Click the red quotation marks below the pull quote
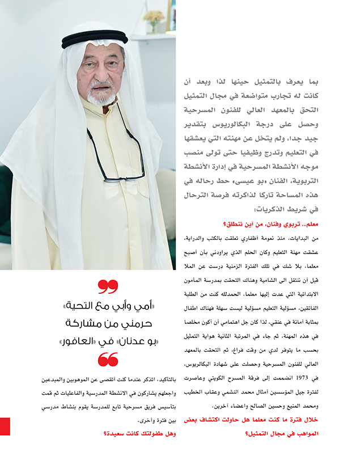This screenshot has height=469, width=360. pos(108,358)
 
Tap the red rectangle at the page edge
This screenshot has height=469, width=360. pos(5,426)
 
